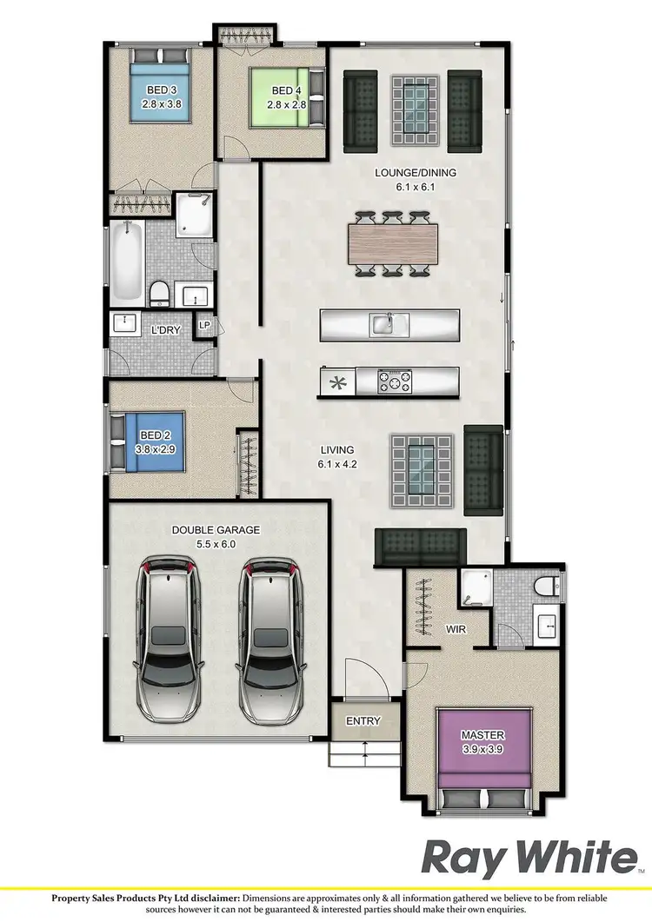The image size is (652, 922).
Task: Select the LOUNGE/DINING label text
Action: coord(415,172)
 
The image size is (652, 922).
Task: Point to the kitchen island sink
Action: coord(383,325)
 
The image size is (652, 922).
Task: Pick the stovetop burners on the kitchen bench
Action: coord(394,381)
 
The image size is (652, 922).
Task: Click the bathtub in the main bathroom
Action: coord(127,259)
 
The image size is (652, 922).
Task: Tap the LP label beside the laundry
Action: coord(204,325)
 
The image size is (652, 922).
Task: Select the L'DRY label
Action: coord(165,330)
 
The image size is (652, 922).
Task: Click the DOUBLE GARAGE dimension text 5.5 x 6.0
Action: coord(203,544)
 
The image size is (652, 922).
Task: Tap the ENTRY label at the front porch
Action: coord(363,721)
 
